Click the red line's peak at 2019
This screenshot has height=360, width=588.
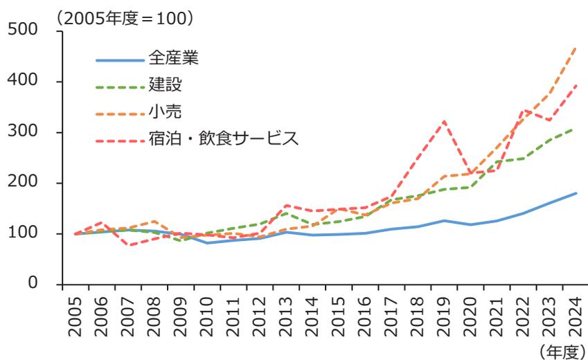[444, 121]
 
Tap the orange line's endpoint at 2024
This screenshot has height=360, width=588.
[576, 48]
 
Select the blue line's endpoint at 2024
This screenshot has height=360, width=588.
[576, 193]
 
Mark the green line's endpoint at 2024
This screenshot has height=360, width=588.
[576, 128]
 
